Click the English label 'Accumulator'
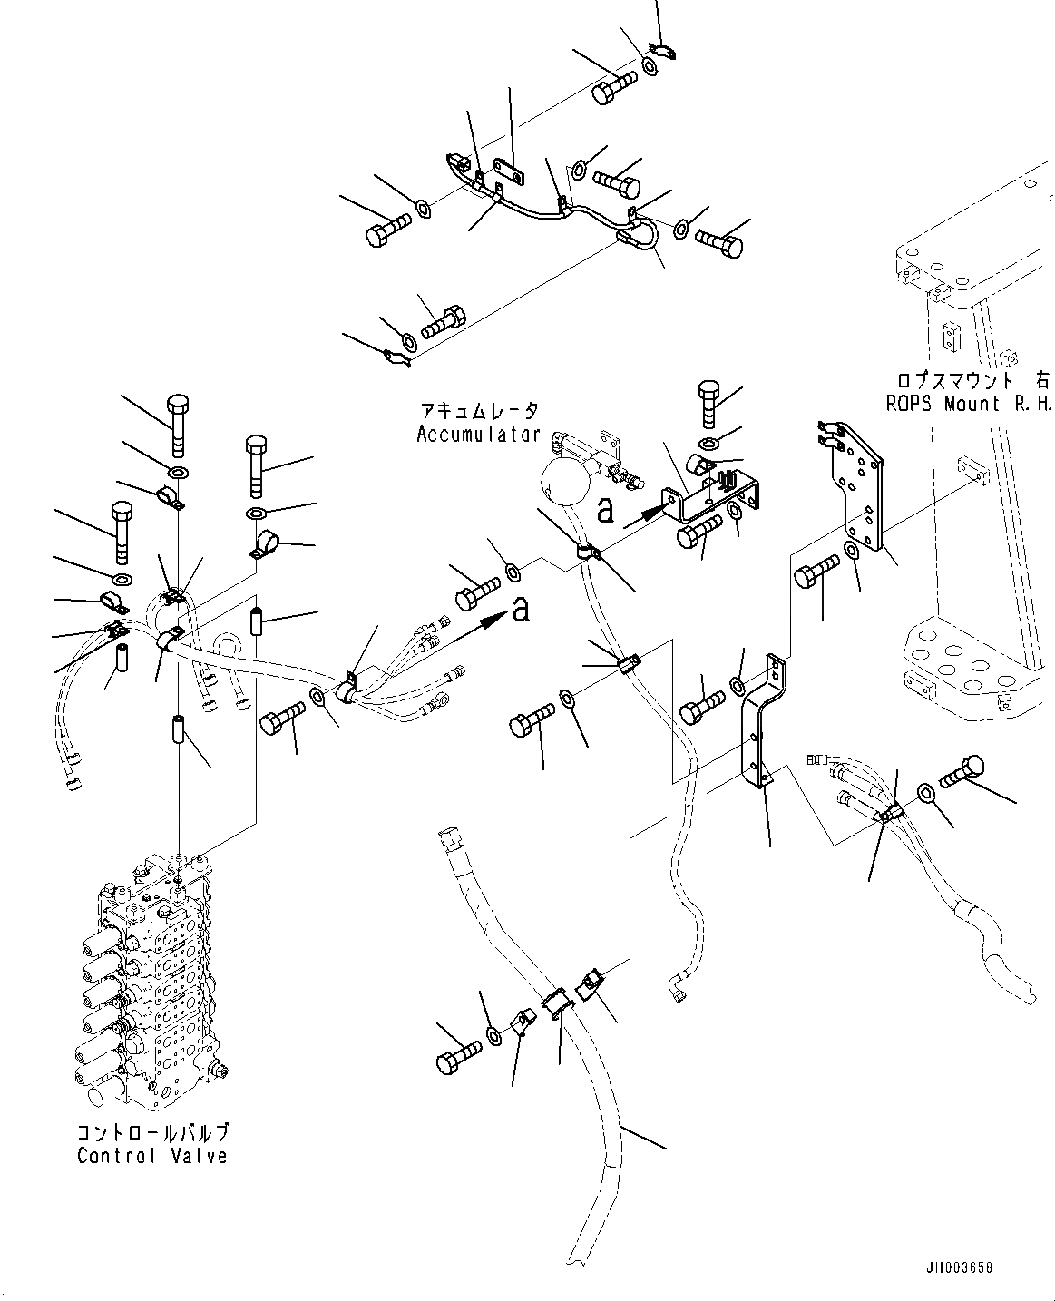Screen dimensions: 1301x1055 tap(478, 435)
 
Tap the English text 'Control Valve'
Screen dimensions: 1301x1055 tap(152, 1156)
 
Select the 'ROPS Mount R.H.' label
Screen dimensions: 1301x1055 tap(968, 404)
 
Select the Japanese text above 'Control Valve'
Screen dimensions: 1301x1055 tap(152, 1133)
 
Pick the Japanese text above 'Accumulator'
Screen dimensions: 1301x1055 tap(479, 412)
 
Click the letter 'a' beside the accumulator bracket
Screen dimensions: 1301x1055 tap(606, 511)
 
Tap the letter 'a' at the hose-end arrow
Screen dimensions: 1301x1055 tap(520, 611)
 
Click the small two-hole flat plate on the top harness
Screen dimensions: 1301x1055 tap(511, 171)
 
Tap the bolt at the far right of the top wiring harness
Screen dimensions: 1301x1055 tap(719, 241)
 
